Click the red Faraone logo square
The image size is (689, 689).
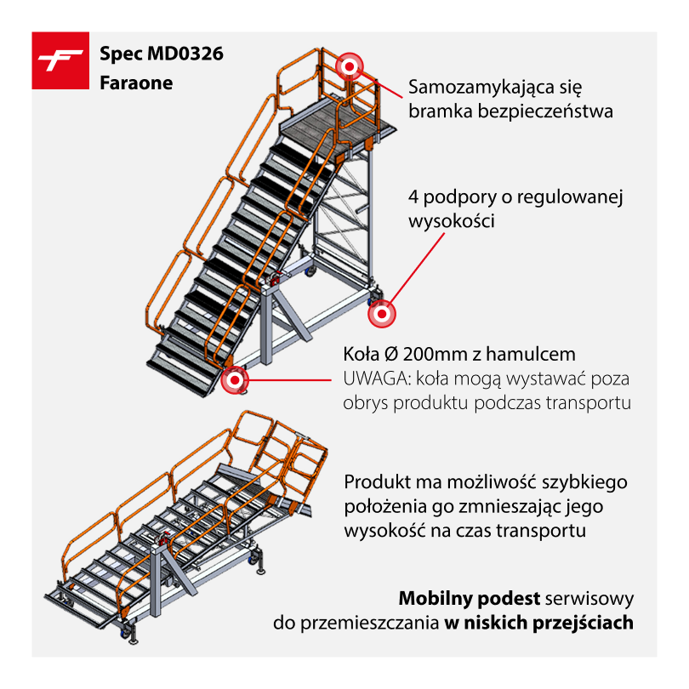coord(60,60)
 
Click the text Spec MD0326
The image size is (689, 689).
coord(162,54)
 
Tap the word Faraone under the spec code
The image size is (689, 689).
coord(136,83)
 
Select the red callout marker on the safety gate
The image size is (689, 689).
coord(350,67)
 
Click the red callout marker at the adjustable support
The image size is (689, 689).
coord(382,314)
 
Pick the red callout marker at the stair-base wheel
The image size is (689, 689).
coord(235,379)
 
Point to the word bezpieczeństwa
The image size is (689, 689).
coord(545,111)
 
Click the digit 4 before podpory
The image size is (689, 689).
coord(413,196)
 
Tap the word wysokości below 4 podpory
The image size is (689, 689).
coord(452,220)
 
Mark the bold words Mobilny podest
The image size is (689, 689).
coord(470,599)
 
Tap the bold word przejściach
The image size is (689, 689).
coord(584,624)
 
